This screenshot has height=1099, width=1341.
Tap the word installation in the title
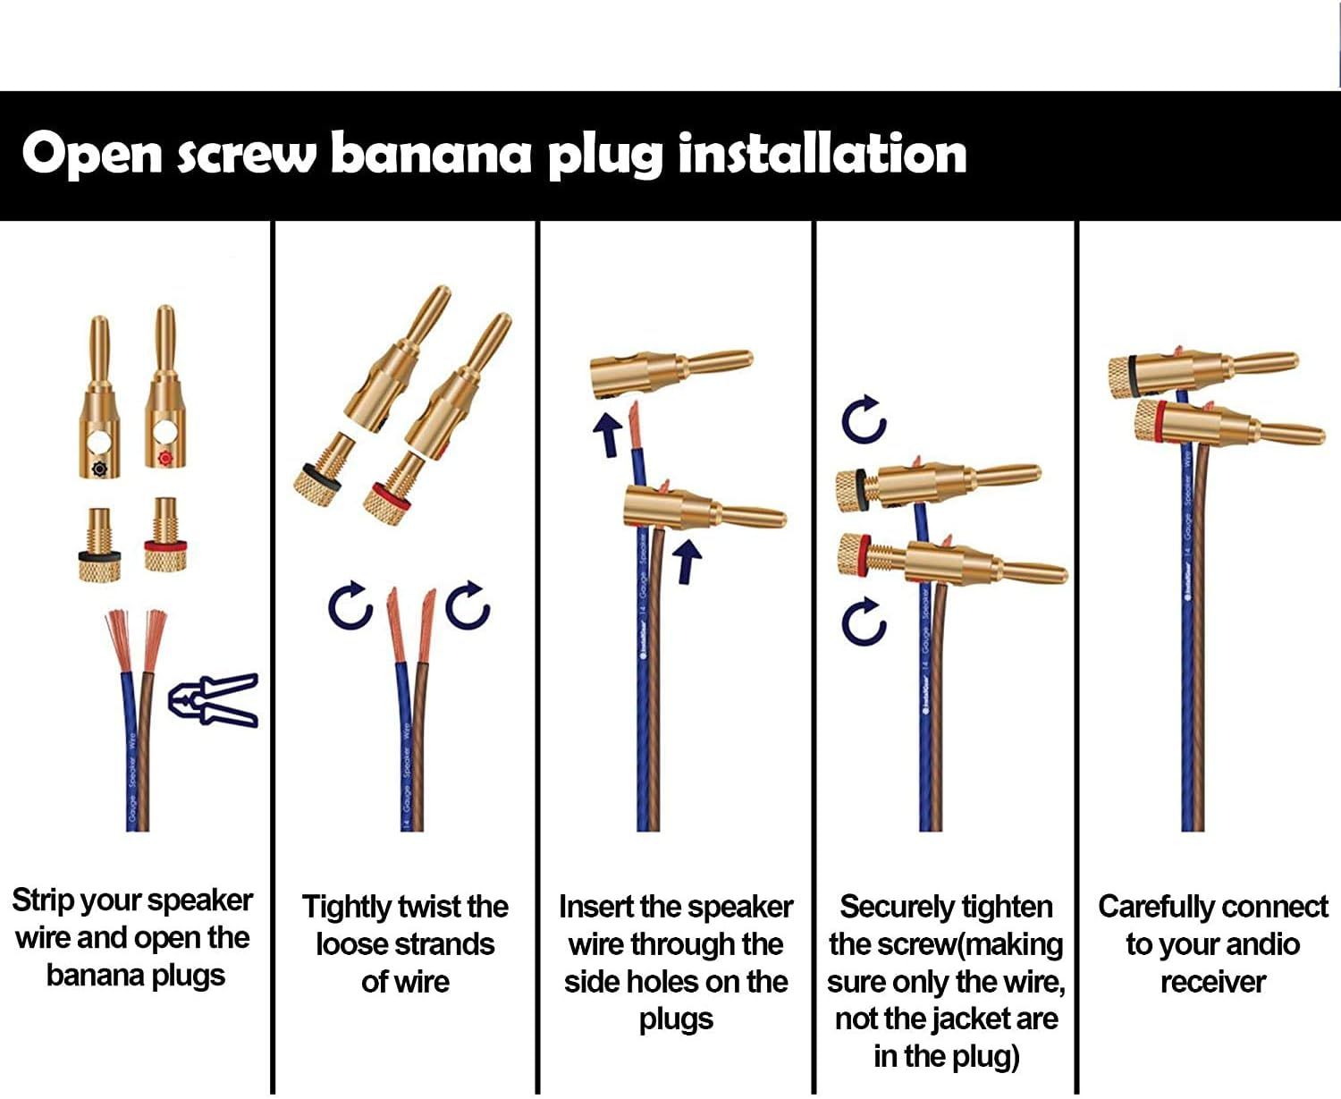coord(822,154)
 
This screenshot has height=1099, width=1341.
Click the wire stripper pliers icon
coord(214,700)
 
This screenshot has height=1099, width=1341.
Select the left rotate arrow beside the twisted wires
coord(350,607)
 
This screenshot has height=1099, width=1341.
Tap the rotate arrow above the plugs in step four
coord(864,419)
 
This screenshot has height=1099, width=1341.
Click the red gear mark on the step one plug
coord(164,459)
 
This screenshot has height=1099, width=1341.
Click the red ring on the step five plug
coord(1160,421)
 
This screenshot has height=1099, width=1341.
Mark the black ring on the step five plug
coord(1134,375)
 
